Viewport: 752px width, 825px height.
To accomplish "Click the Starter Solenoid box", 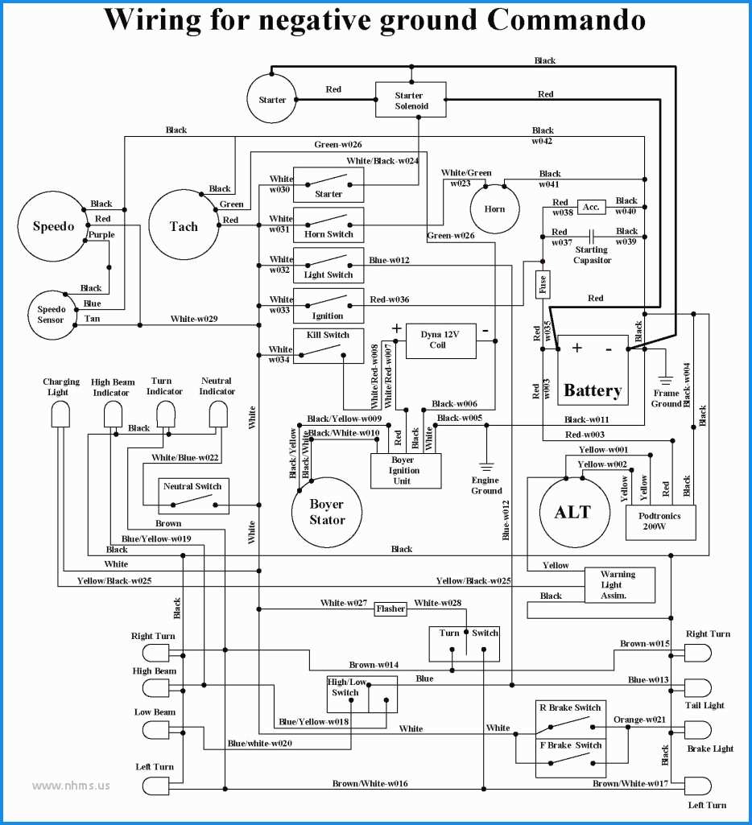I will click(411, 101).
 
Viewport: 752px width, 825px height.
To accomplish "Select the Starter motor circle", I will click(272, 100).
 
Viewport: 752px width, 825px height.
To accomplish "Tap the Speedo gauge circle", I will click(53, 226).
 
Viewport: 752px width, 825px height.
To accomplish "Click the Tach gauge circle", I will click(184, 226).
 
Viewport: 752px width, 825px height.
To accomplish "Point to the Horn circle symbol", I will click(494, 208).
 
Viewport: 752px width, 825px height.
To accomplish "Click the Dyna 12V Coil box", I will click(439, 340).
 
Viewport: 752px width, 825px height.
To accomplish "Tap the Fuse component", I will click(543, 283).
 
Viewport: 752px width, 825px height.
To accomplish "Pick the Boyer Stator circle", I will click(327, 512).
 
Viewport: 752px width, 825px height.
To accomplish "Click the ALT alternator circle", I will click(572, 512).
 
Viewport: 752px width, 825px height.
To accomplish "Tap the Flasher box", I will click(390, 610).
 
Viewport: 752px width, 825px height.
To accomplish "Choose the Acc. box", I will click(591, 207).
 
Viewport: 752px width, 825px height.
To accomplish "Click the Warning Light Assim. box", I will click(618, 585).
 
